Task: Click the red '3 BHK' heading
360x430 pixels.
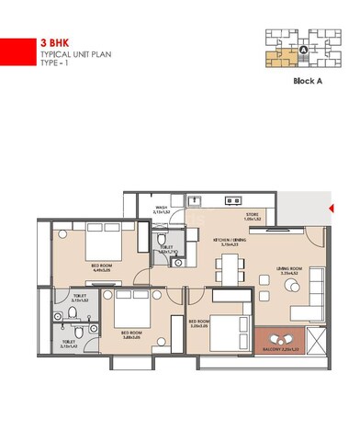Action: [x=54, y=42]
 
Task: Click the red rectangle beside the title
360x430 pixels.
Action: [x=13, y=51]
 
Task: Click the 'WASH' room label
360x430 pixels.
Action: [x=161, y=208]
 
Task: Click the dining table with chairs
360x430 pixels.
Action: [x=228, y=268]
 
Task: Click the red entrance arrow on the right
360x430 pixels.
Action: [x=331, y=209]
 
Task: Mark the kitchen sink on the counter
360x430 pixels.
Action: [x=194, y=199]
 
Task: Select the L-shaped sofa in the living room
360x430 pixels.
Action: [x=309, y=294]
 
